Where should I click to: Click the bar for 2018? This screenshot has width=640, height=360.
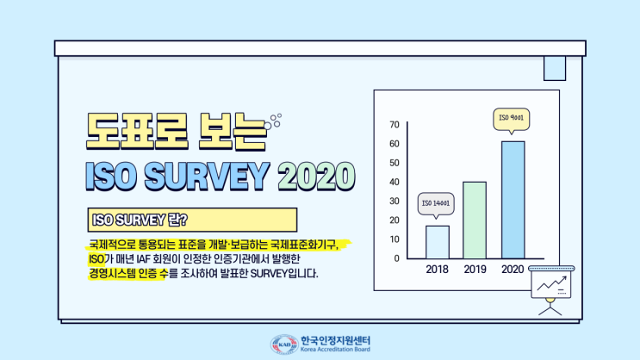[x=438, y=242]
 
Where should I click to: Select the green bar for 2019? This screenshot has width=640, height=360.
[x=475, y=220]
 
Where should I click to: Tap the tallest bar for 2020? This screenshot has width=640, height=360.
[x=513, y=199]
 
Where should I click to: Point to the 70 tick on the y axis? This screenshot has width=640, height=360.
[x=395, y=124]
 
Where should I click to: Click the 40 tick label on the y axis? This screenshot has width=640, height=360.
[x=395, y=182]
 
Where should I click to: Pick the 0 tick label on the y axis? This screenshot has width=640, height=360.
[x=396, y=258]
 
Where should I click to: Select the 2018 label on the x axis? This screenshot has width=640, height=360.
[x=438, y=269]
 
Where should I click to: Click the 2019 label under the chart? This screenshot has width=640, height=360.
[x=475, y=269]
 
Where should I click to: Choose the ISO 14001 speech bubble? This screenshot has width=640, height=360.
[x=438, y=204]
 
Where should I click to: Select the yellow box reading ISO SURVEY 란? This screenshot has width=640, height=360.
[x=191, y=219]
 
